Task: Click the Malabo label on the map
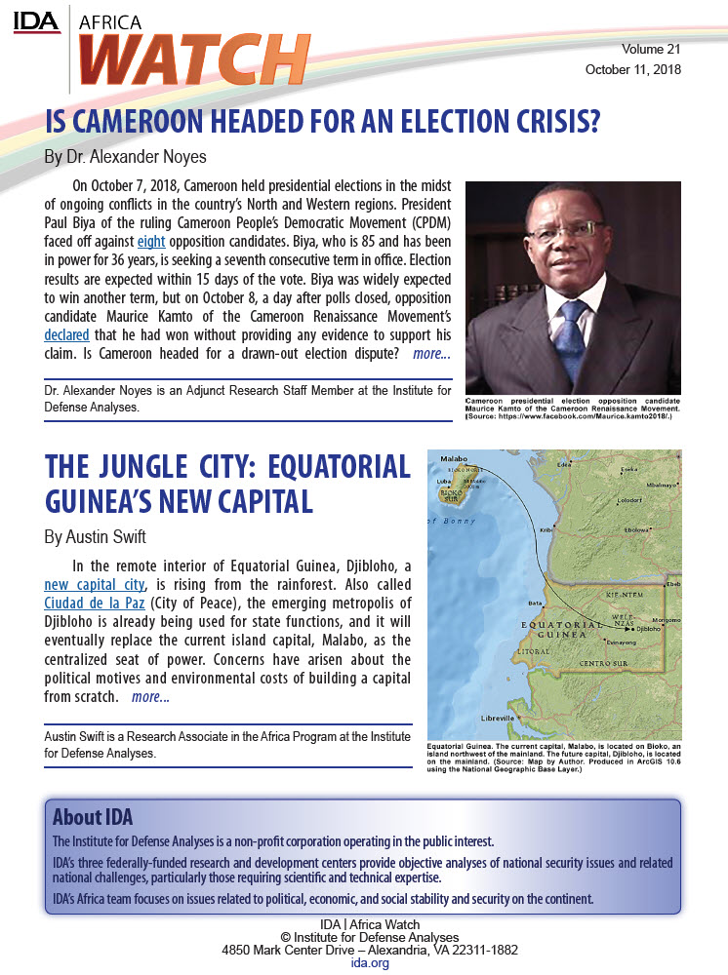pos(454,458)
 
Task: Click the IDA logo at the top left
pos(37,20)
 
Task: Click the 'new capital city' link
pos(95,585)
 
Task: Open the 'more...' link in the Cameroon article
pos(431,354)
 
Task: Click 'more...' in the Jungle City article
pos(150,697)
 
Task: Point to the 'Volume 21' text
pos(651,49)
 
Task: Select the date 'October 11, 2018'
pos(632,69)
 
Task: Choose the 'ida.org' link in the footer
pos(363,962)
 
